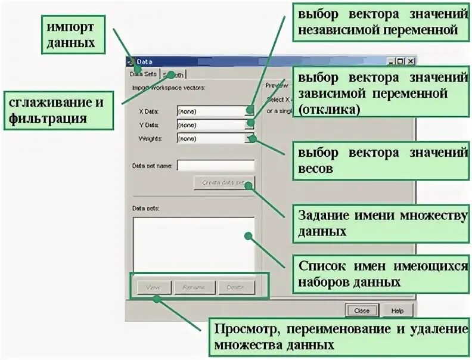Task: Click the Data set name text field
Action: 215,165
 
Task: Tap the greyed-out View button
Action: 150,287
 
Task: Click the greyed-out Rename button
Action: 194,287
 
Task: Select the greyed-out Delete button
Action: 237,287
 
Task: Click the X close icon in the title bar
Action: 410,61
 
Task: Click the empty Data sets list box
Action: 193,244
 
